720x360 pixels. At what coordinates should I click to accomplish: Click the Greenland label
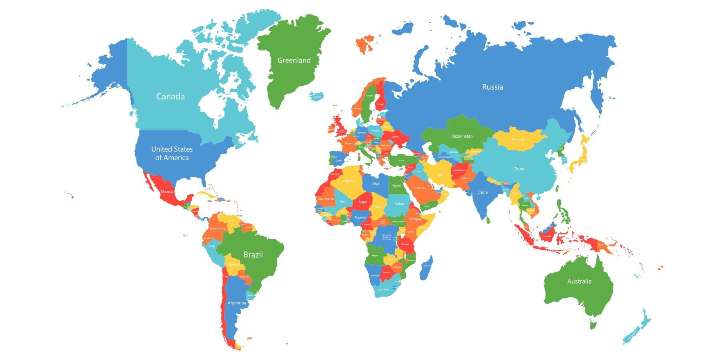(294, 60)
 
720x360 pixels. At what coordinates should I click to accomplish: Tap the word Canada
(170, 96)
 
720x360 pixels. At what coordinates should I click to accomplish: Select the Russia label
(492, 87)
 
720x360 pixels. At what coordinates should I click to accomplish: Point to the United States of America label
(172, 153)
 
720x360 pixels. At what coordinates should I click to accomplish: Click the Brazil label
(253, 254)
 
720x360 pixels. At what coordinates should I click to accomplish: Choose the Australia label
(579, 281)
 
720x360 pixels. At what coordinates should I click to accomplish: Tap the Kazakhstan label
(462, 136)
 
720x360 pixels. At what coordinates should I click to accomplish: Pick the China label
(518, 169)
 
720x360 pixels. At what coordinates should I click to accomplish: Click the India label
(483, 192)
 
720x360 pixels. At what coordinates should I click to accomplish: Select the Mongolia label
(518, 140)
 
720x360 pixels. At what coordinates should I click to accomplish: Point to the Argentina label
(237, 303)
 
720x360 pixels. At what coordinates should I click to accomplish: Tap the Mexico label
(167, 192)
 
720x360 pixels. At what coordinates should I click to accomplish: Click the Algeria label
(348, 181)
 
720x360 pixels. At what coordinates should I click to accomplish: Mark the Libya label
(375, 184)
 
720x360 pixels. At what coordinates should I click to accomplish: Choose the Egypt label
(396, 186)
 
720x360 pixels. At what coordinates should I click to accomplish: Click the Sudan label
(399, 204)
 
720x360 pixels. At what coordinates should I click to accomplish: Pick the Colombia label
(218, 229)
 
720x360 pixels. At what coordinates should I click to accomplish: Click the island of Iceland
(317, 97)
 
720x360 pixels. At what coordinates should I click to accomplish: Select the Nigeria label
(360, 218)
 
